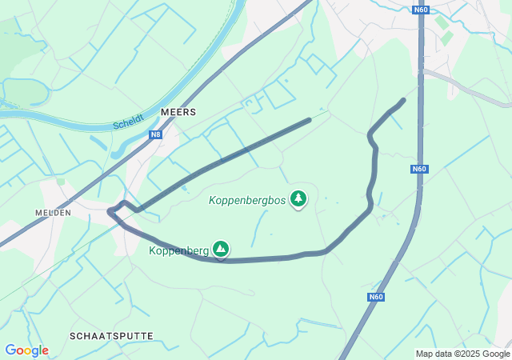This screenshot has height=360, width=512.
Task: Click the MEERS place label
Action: click(178, 113)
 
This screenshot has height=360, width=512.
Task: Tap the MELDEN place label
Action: click(54, 213)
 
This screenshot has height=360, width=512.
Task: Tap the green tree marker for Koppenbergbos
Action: click(298, 198)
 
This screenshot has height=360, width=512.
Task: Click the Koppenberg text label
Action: click(178, 250)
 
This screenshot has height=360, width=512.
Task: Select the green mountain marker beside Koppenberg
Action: click(221, 250)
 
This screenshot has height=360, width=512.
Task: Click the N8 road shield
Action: click(155, 134)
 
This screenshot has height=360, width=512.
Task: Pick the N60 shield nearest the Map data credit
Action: click(376, 297)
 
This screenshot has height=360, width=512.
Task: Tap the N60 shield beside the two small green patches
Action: click(421, 10)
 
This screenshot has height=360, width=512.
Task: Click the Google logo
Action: click(26, 350)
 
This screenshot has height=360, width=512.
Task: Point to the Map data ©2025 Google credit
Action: click(462, 354)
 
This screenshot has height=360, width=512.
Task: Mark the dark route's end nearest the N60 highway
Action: click(402, 101)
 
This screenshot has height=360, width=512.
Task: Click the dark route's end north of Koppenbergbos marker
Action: click(309, 120)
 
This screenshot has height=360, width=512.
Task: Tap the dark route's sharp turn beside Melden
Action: click(110, 211)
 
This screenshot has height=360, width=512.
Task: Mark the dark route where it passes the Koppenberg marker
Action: click(222, 261)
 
